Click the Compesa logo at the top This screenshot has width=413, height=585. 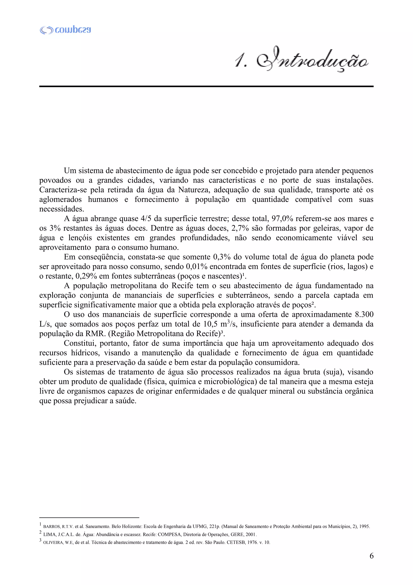tap(65, 30)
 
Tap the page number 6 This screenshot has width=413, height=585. tap(371, 556)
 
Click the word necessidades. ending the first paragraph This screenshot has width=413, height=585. tap(62, 209)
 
